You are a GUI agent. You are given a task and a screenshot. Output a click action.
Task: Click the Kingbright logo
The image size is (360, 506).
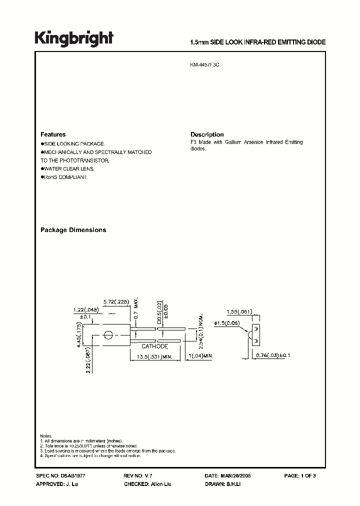[x=74, y=38]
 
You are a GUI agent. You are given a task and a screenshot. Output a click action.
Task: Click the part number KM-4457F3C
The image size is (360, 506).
[x=205, y=64]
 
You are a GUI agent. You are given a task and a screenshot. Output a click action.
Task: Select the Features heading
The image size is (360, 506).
[x=53, y=134]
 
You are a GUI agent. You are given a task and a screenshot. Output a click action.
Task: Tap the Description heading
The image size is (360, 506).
[x=207, y=134]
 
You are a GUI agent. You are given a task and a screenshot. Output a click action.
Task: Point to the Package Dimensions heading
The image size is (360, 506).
[x=73, y=230]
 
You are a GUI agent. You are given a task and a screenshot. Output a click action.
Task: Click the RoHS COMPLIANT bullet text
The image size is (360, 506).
[x=65, y=177]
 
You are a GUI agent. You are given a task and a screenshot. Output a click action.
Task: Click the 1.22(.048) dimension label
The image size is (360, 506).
[x=85, y=310]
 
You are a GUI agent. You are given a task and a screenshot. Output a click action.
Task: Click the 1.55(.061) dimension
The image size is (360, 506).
[x=238, y=310]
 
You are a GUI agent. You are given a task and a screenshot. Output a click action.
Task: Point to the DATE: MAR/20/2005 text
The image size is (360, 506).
[x=227, y=476]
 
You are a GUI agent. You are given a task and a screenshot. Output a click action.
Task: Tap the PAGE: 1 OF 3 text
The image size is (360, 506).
[x=300, y=476]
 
